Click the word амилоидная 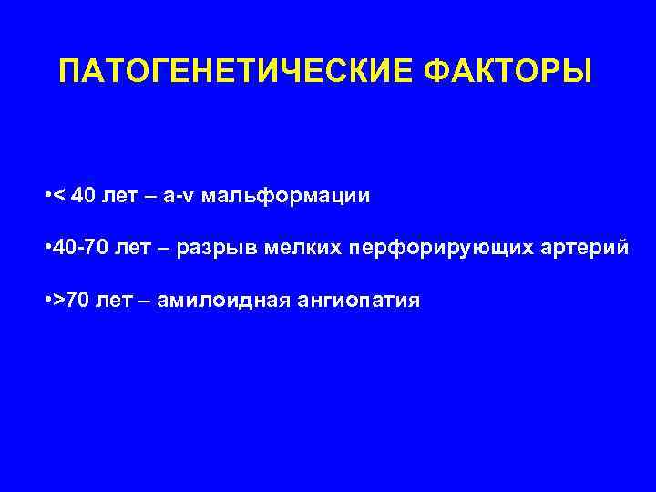tap(216, 300)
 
